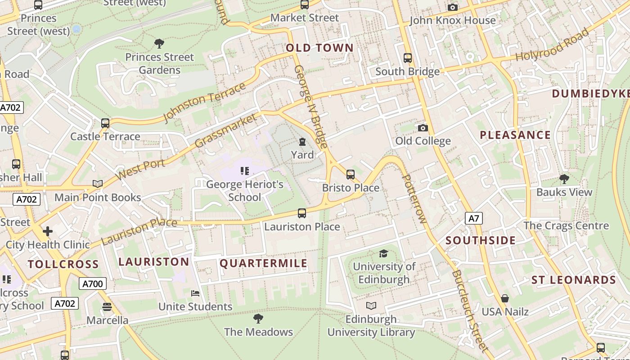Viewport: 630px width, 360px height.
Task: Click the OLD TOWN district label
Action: [319, 48]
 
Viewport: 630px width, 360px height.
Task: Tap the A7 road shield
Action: [474, 219]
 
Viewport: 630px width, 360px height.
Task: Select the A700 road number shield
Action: [93, 283]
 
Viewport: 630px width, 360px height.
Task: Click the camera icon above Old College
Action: [423, 128]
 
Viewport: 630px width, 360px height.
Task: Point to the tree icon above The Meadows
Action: [258, 319]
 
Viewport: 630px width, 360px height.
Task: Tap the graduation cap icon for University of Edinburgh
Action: [383, 254]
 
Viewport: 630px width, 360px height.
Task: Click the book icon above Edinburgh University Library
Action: [371, 306]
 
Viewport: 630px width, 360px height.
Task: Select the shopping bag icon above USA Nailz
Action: [505, 298]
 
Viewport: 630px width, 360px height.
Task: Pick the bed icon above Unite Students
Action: [195, 293]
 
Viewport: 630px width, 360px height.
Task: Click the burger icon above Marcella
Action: [107, 307]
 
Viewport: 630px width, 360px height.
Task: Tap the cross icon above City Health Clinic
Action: [48, 232]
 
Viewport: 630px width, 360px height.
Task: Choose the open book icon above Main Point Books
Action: [98, 184]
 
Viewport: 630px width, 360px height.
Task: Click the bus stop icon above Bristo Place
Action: [351, 175]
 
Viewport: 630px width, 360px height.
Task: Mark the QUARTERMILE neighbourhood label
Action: [263, 264]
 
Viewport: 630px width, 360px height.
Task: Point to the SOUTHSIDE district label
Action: [481, 241]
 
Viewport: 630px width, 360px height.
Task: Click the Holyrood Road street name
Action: [552, 45]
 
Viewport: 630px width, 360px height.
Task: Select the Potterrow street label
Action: [413, 198]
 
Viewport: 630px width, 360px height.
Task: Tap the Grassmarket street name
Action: [226, 130]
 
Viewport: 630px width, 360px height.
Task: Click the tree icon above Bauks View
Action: [564, 179]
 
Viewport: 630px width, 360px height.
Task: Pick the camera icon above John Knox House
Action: [453, 7]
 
